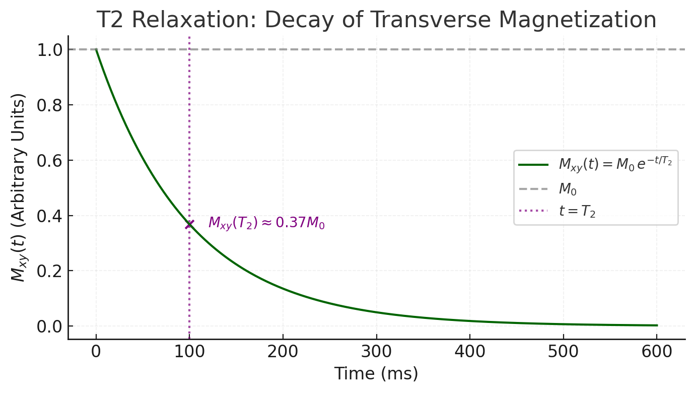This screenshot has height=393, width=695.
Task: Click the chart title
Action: [376, 20]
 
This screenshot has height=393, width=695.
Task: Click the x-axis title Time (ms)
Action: [376, 374]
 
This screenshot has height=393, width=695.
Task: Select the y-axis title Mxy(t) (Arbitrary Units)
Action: [19, 187]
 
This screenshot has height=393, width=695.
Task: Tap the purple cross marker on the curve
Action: [189, 224]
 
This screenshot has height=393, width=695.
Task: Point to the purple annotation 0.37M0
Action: [266, 223]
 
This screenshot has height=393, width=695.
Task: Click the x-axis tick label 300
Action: [376, 352]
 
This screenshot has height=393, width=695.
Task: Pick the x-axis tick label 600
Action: [657, 352]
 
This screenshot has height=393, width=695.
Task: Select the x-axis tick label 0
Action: [96, 352]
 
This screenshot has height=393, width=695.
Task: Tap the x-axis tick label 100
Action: [189, 352]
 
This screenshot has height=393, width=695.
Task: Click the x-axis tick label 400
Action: [470, 352]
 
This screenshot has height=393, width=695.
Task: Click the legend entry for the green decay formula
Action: [615, 164]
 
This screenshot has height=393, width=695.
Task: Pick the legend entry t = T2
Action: [577, 211]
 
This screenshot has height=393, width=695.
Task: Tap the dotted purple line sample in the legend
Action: [533, 211]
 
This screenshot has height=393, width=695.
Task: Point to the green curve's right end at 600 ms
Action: [656, 325]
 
